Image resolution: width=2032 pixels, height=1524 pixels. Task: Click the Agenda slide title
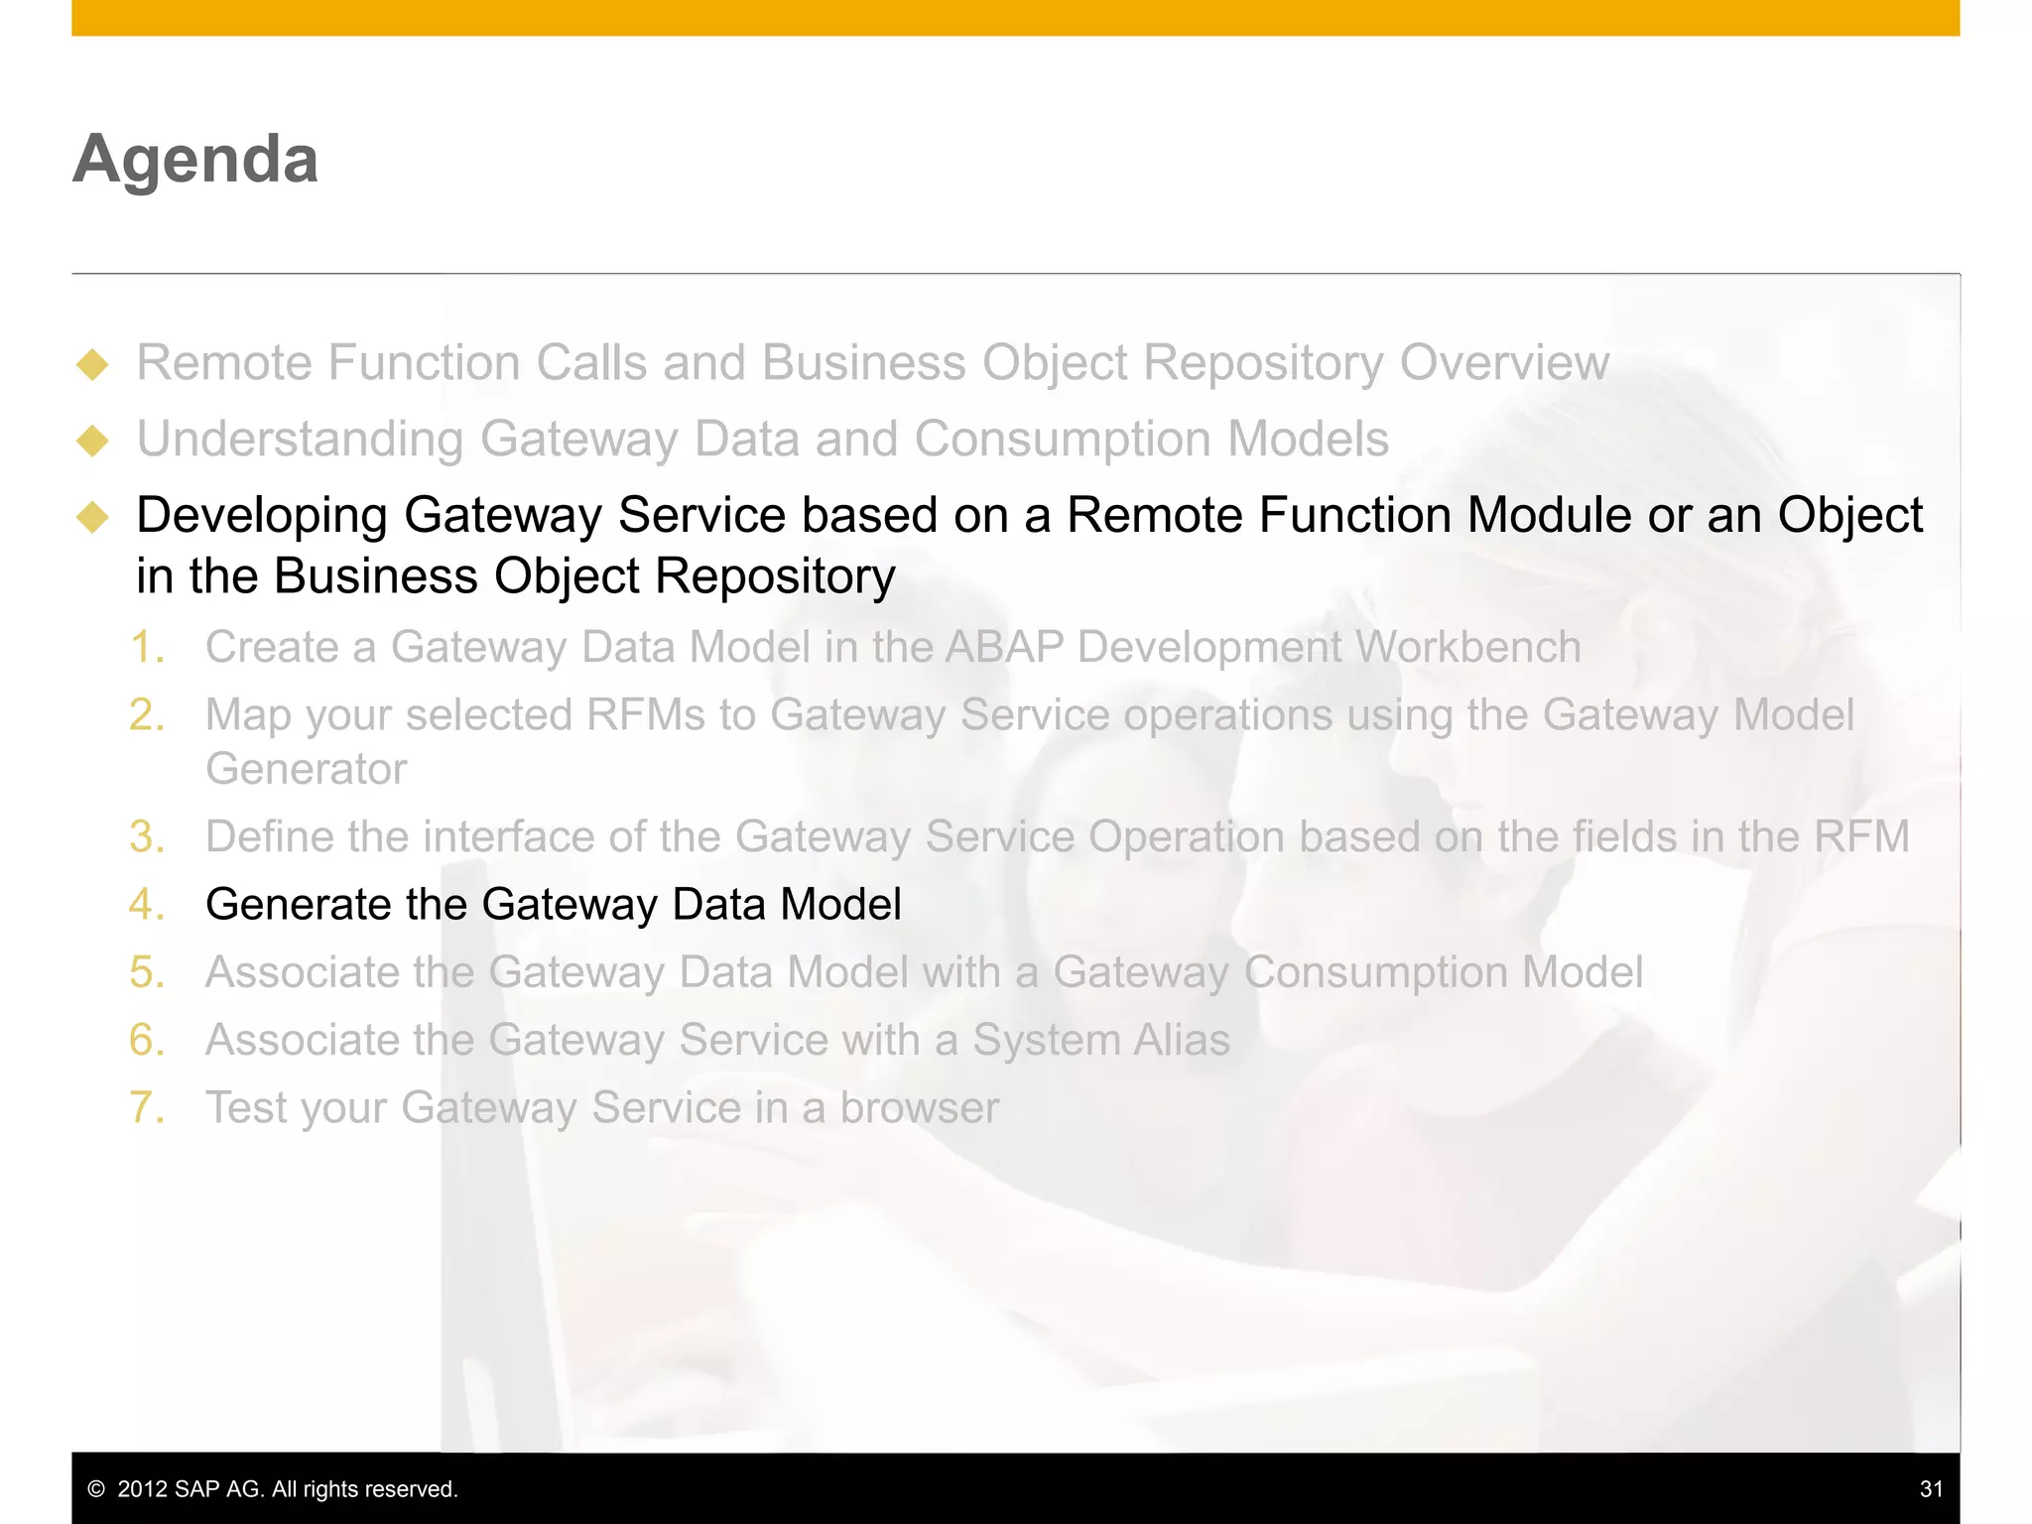(x=195, y=159)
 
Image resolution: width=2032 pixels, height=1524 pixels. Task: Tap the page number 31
(x=1931, y=1488)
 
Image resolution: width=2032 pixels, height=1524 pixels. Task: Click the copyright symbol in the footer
(x=96, y=1489)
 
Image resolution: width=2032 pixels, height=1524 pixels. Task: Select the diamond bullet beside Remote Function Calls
(x=92, y=364)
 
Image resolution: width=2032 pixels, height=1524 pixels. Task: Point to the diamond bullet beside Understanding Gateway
(x=92, y=441)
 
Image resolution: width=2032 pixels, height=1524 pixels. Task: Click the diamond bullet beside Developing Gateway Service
(x=92, y=517)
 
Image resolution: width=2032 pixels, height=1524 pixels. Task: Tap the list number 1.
(x=147, y=648)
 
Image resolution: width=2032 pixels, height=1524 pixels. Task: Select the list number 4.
(x=147, y=905)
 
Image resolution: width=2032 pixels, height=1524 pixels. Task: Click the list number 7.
(x=147, y=1108)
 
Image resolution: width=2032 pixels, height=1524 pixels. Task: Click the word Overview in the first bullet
(x=1504, y=363)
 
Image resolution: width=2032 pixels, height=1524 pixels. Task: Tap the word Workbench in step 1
(x=1468, y=648)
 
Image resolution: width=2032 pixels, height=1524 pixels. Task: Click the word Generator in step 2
(x=306, y=770)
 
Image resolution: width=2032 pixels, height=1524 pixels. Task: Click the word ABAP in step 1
(x=1003, y=648)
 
